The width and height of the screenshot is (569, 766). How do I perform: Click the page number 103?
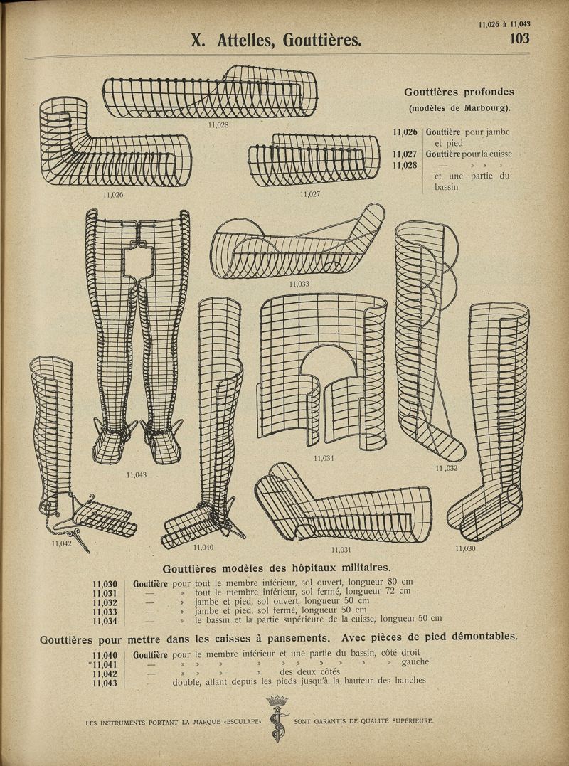click(519, 38)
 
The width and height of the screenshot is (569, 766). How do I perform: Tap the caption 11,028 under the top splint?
click(218, 124)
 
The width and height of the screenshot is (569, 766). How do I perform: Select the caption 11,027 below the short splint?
click(311, 193)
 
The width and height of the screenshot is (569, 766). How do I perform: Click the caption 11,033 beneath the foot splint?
click(299, 284)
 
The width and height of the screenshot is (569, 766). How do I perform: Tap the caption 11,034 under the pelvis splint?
click(324, 458)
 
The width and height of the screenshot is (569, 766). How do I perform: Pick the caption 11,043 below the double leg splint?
click(137, 474)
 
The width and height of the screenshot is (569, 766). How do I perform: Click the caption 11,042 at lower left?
click(62, 543)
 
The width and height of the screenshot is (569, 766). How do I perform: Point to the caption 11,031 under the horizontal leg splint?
click(342, 549)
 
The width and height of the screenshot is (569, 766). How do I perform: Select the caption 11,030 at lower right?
click(465, 548)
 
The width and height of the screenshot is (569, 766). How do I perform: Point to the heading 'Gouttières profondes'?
click(459, 92)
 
